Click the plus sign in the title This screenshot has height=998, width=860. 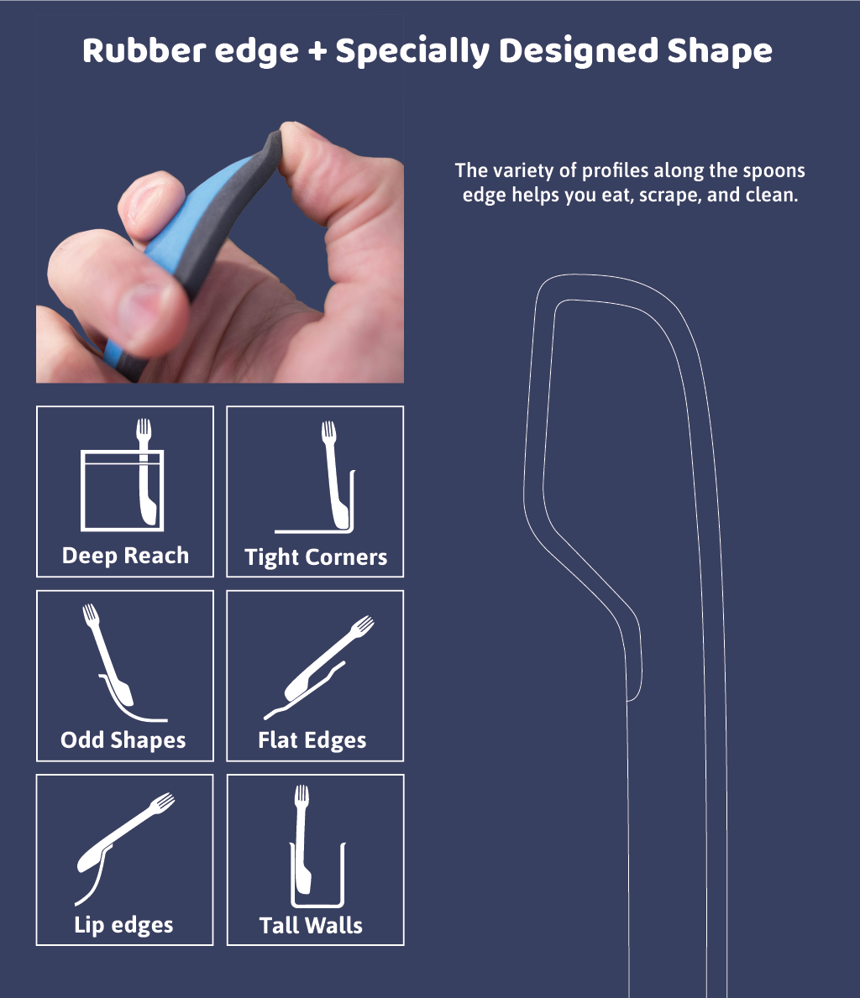coord(316,53)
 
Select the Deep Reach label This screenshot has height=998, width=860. coord(125,556)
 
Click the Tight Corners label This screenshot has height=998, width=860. coord(316,557)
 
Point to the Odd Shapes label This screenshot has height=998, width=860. coord(123,740)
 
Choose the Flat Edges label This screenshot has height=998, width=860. coord(312,740)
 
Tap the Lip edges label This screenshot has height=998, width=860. coord(123,925)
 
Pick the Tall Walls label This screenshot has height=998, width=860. coord(311,925)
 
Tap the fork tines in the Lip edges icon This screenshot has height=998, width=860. coord(164,801)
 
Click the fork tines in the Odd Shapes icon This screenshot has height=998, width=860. coord(90,613)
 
